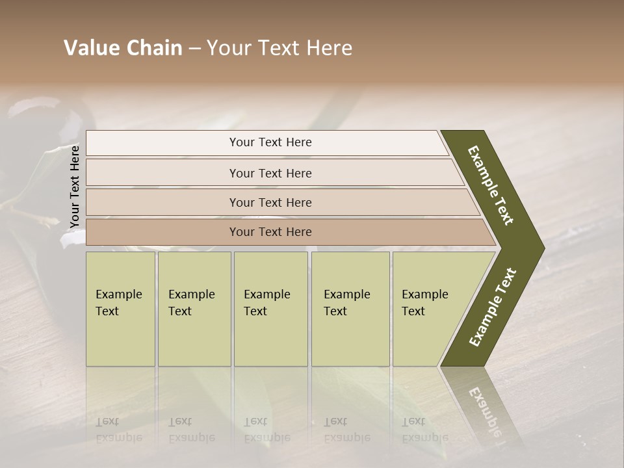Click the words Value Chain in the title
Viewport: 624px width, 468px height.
(x=123, y=48)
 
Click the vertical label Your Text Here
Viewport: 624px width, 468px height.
(x=75, y=187)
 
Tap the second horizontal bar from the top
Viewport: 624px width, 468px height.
(x=270, y=173)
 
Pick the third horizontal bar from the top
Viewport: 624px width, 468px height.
(x=270, y=202)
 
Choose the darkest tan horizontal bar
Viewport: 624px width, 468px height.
(x=270, y=232)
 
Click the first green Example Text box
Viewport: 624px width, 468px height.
(x=120, y=309)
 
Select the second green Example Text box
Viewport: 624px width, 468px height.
(x=194, y=309)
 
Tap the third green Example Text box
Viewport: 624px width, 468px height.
(x=270, y=309)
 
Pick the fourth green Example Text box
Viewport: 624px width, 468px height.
(x=350, y=309)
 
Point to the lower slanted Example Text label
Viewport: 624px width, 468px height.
(x=493, y=307)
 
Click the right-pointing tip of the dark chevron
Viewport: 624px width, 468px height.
(x=541, y=248)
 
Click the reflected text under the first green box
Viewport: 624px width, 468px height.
(x=118, y=430)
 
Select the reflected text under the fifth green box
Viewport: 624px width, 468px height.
(x=424, y=430)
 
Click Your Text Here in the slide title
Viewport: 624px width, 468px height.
(x=279, y=48)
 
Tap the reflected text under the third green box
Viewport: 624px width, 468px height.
(x=266, y=430)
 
